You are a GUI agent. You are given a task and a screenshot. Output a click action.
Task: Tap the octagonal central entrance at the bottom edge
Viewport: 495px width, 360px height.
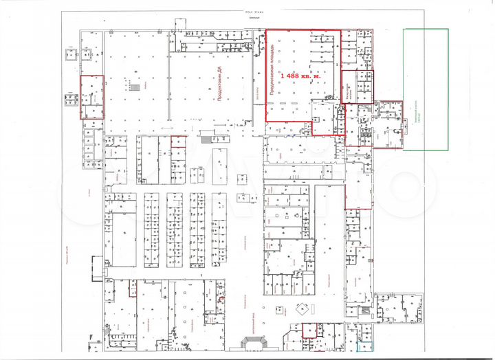248,344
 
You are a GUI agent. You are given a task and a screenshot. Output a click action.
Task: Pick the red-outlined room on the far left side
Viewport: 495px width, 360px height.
92,97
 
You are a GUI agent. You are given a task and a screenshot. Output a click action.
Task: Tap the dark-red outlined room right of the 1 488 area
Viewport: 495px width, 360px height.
357,87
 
